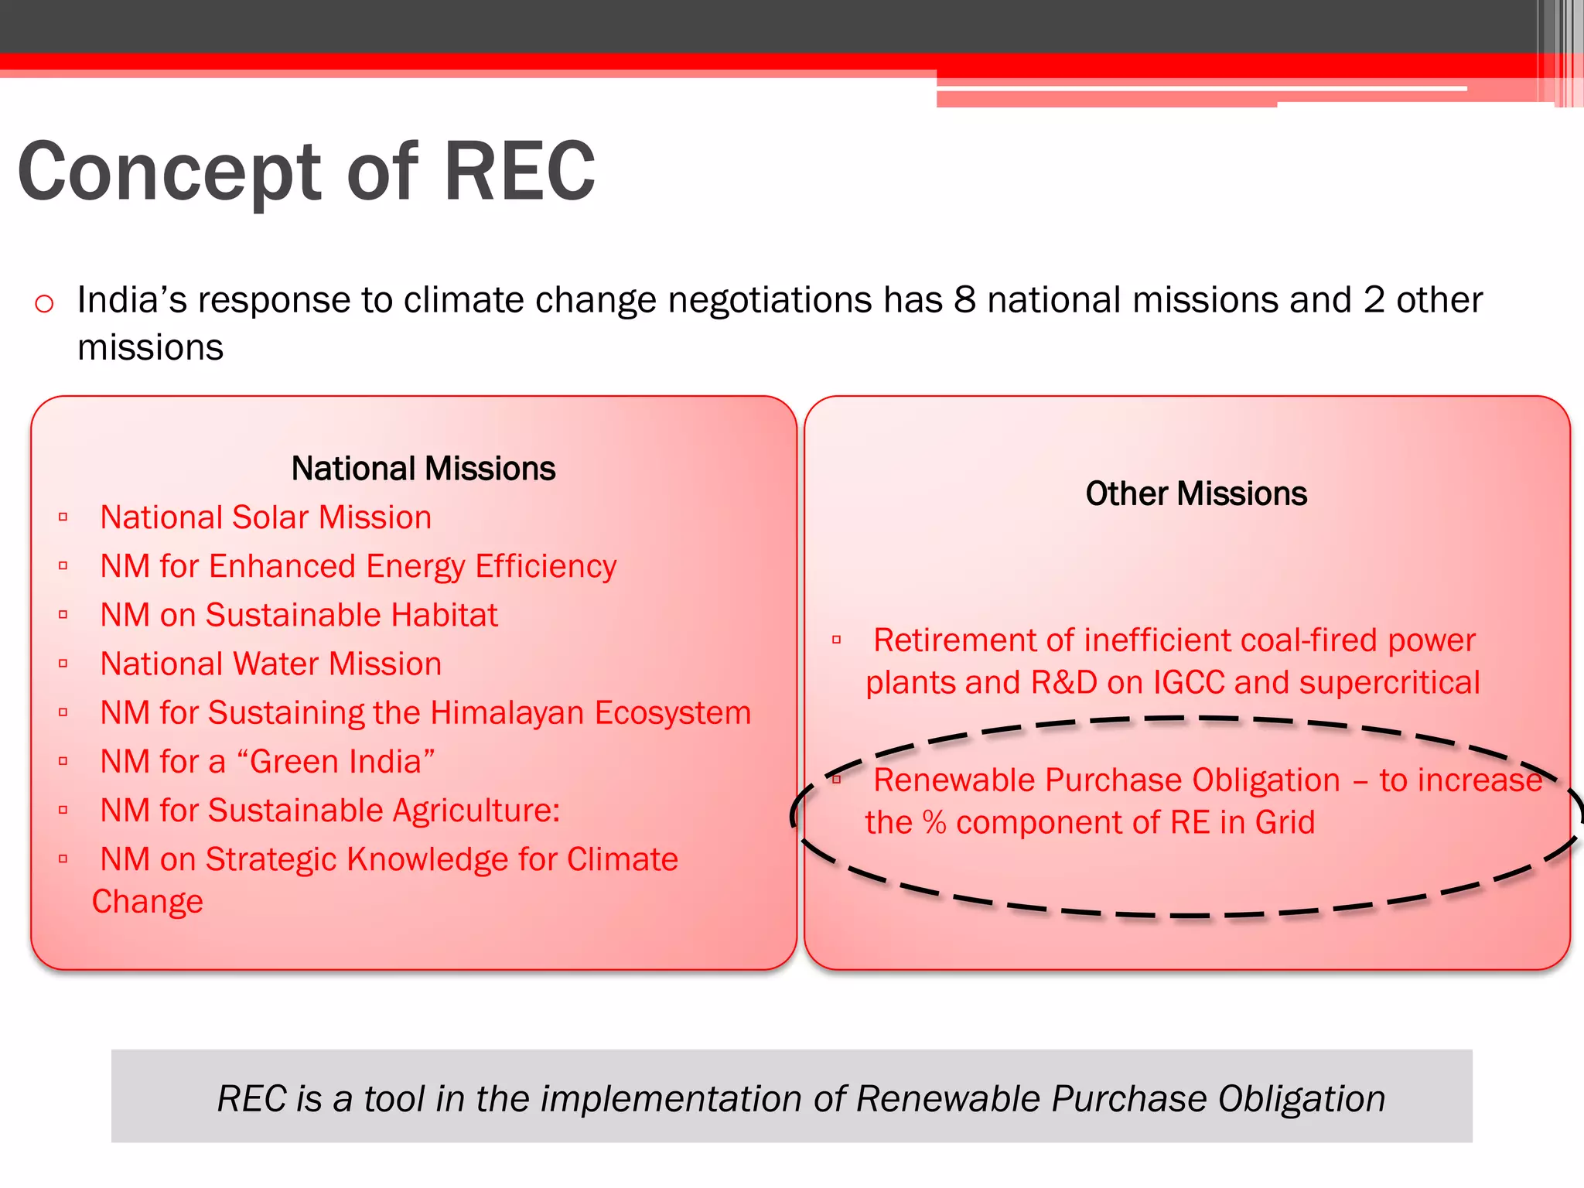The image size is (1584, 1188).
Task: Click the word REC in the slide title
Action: (x=519, y=172)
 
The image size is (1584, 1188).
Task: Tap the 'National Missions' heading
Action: (x=423, y=469)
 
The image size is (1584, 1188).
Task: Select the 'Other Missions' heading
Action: (x=1196, y=493)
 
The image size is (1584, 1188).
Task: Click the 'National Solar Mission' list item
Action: (x=265, y=517)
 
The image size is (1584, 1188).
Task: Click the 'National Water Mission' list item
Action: (x=271, y=664)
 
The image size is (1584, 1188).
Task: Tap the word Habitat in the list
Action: (x=444, y=616)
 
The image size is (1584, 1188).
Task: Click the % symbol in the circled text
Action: (x=934, y=823)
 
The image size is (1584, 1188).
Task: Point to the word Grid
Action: (x=1285, y=823)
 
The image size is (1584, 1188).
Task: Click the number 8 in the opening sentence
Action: (x=964, y=300)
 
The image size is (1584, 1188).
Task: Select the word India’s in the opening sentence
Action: (x=132, y=300)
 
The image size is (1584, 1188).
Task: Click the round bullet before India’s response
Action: (x=44, y=303)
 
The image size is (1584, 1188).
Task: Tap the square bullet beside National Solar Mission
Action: (x=63, y=517)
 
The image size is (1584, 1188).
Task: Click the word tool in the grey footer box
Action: (x=394, y=1099)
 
